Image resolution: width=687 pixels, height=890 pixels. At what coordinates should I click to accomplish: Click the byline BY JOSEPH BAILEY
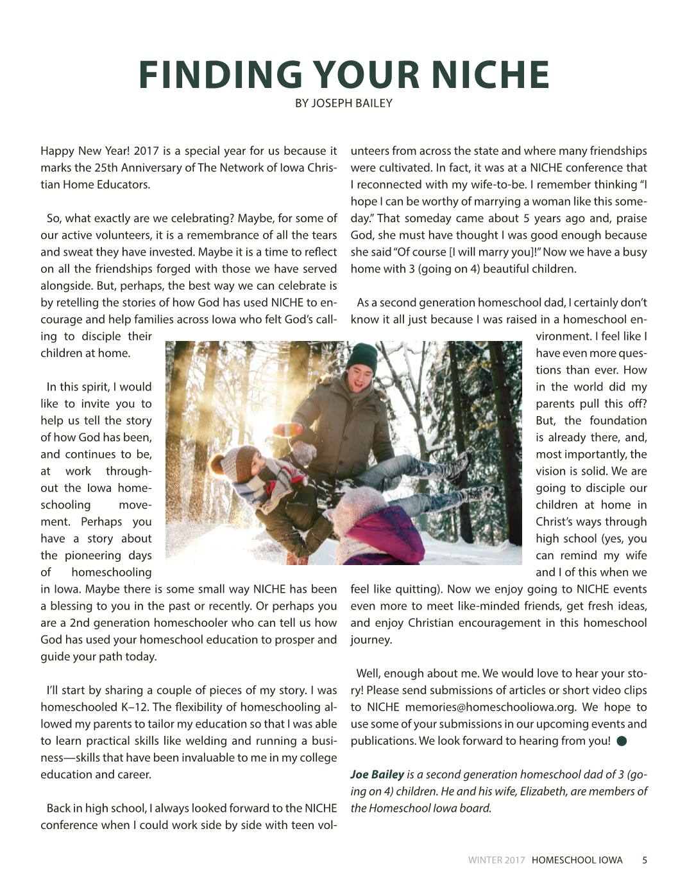pyautogui.click(x=343, y=103)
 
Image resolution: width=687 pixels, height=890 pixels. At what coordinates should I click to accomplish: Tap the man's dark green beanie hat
pyautogui.click(x=362, y=356)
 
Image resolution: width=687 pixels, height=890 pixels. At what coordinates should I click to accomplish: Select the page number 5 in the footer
pyautogui.click(x=644, y=860)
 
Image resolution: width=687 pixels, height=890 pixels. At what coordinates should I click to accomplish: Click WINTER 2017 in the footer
pyautogui.click(x=496, y=860)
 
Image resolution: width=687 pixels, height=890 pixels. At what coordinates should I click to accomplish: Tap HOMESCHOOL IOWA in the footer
pyautogui.click(x=577, y=860)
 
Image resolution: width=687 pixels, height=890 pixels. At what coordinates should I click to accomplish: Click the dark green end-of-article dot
pyautogui.click(x=621, y=741)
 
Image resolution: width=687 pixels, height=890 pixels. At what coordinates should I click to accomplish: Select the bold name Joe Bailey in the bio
pyautogui.click(x=377, y=774)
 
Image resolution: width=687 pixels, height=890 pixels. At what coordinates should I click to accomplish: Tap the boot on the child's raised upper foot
pyautogui.click(x=457, y=466)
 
